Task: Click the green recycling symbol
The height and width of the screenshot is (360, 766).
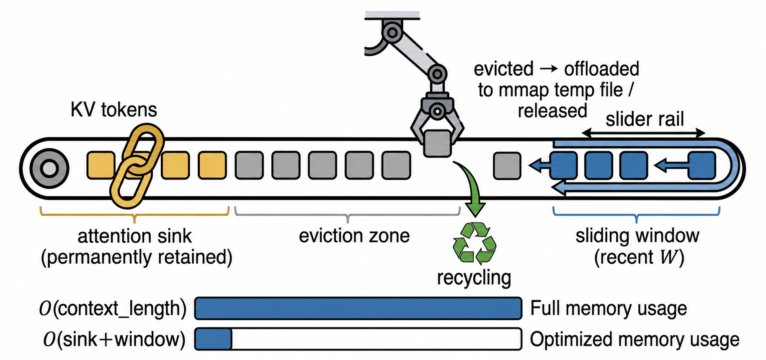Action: (474, 244)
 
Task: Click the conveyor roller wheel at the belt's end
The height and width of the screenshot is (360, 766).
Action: (49, 169)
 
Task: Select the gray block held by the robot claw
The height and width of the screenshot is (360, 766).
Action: (437, 144)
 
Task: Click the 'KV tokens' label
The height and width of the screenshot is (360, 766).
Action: (114, 110)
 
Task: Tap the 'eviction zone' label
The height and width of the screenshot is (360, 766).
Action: (354, 236)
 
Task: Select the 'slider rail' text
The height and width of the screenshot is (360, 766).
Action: (645, 119)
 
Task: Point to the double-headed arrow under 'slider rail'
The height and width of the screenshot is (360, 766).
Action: (644, 134)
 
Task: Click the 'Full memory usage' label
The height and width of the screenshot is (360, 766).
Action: (609, 309)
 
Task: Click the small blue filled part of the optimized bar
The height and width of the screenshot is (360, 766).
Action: (214, 339)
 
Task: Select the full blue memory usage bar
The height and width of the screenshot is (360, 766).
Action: (358, 309)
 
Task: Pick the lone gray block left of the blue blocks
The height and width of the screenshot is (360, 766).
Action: (507, 166)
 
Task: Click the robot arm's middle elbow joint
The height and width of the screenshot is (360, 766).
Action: (437, 75)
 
